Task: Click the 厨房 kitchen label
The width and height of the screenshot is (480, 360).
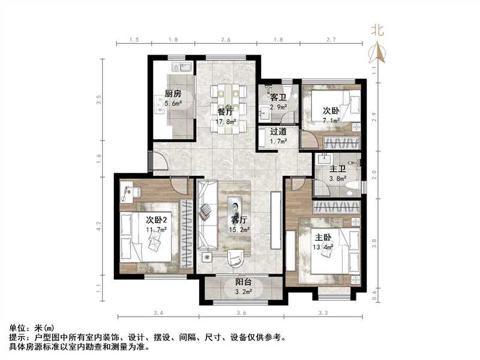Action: coord(173,93)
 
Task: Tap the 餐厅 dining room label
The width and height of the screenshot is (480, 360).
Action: coord(226,111)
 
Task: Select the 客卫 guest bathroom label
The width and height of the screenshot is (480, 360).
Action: coord(278,97)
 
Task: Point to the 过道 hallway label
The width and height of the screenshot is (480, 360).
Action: coord(278,131)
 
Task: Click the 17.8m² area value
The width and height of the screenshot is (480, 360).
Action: coord(226,121)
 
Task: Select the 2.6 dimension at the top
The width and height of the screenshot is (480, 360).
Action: coord(226,40)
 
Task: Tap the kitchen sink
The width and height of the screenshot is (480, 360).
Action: coord(182,67)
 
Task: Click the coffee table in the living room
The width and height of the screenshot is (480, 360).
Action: coord(233,203)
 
